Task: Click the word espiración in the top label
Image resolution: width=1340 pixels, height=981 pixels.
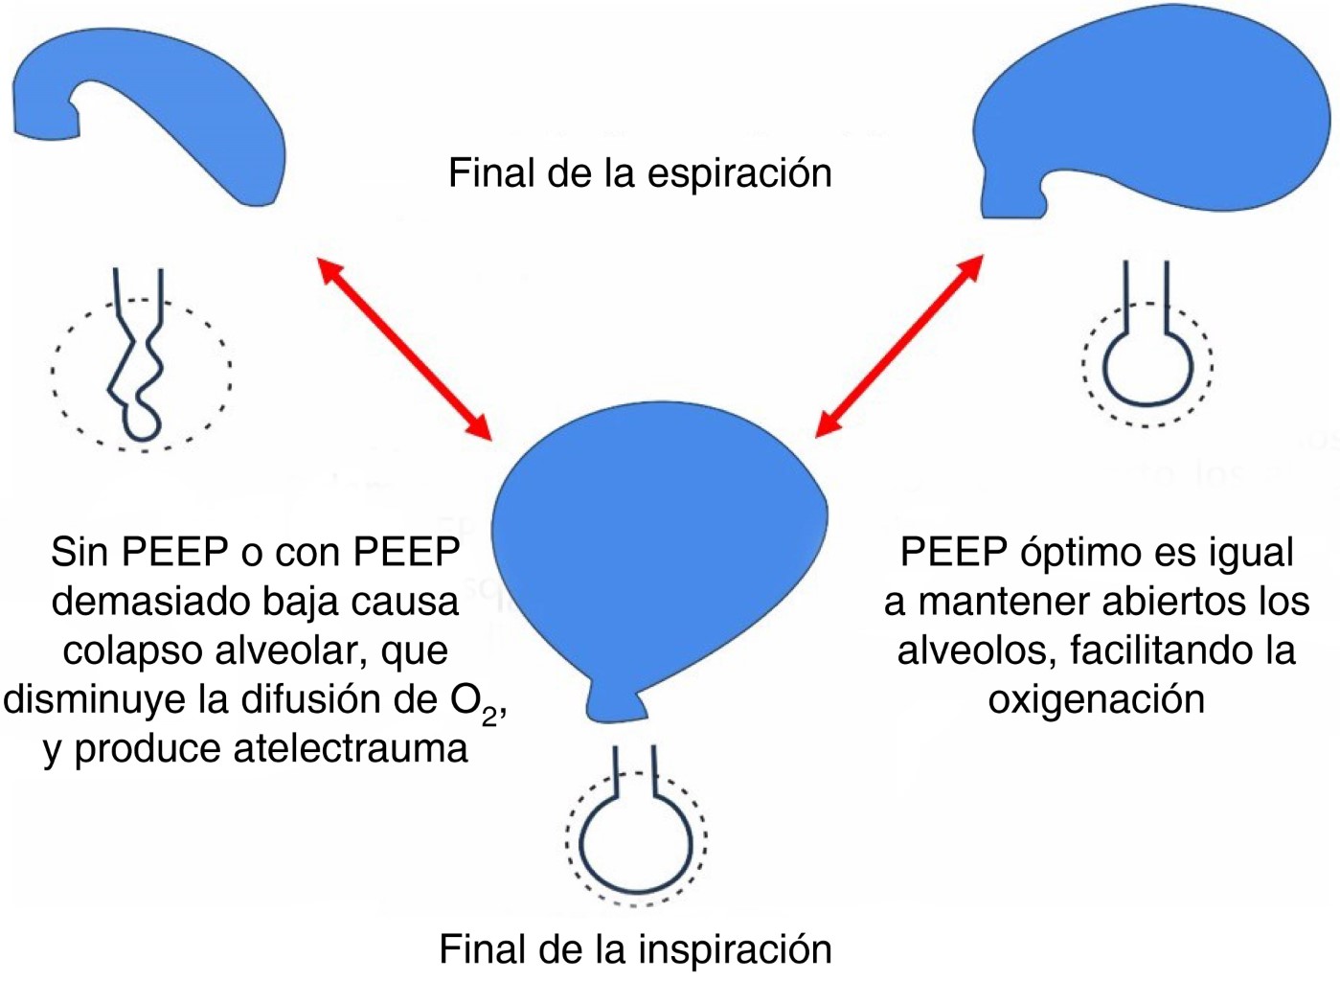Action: tap(739, 173)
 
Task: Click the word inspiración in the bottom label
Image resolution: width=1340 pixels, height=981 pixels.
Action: tap(735, 949)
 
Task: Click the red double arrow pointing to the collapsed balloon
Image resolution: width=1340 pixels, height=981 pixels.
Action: tap(404, 349)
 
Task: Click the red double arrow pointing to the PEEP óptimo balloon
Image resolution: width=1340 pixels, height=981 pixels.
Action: tap(899, 345)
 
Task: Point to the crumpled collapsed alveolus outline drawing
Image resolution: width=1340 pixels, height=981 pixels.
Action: tap(139, 369)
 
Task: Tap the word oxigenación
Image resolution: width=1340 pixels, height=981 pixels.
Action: tap(1097, 699)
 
